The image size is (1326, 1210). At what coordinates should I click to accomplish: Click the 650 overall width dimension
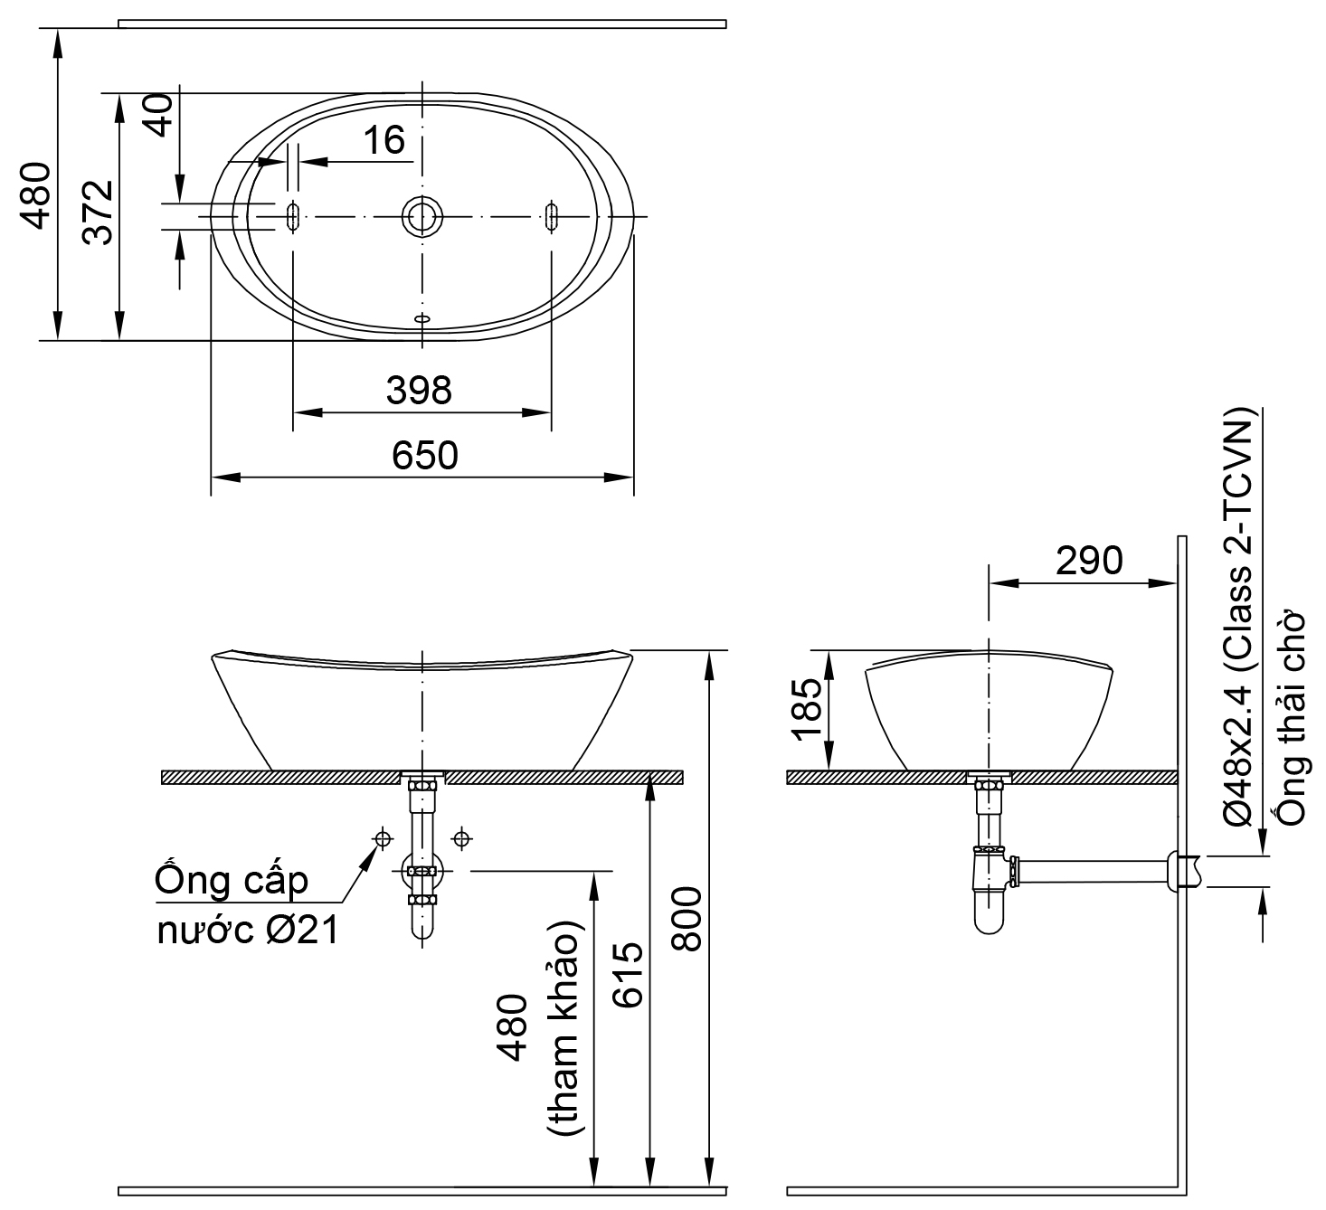424,456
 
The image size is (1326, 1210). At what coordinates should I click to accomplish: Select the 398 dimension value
418,391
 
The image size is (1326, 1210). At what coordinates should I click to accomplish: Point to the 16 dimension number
384,140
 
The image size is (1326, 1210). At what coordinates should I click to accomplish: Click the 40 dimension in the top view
159,116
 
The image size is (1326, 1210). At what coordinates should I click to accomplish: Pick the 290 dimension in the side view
1089,561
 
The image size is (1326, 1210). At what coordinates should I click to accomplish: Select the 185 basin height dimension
808,710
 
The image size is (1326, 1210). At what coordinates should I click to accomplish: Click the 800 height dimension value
687,919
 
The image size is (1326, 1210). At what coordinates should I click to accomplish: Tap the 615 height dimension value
626,975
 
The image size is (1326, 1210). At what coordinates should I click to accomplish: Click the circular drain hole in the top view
421,216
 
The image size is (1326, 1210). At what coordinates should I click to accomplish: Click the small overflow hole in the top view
421,318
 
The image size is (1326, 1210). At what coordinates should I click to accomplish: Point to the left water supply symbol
383,839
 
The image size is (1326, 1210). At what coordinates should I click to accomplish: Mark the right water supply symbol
462,839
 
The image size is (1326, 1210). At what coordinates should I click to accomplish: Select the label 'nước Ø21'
248,931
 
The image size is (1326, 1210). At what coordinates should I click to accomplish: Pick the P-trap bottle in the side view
990,891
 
